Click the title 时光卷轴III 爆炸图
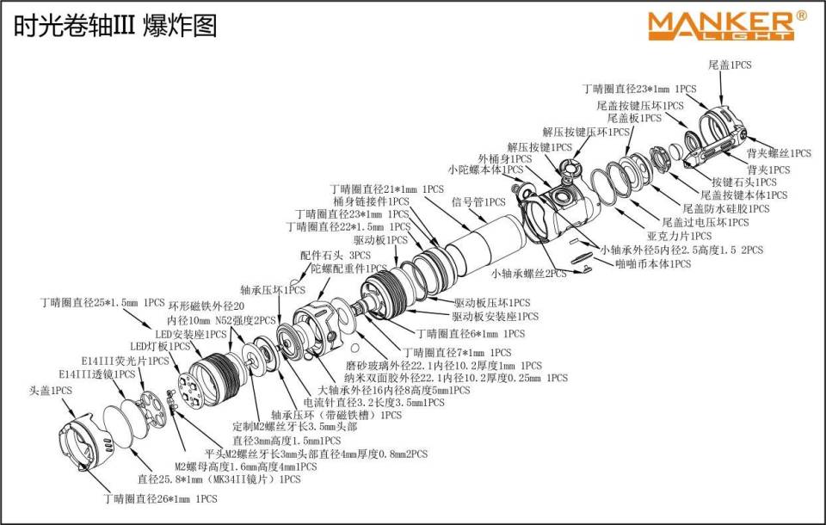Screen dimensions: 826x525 click(114, 25)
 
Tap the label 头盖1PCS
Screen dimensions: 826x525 click(51, 391)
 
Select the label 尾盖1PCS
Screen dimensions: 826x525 click(730, 65)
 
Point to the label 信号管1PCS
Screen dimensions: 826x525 click(478, 203)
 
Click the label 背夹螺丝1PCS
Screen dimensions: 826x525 click(779, 153)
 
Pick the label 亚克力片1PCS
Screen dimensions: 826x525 click(679, 235)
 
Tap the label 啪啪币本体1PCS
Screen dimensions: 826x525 click(654, 264)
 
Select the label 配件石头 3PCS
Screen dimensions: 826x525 click(336, 256)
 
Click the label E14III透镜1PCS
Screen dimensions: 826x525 click(97, 374)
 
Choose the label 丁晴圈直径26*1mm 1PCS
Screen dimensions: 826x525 click(161, 498)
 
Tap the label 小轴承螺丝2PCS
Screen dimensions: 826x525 click(528, 274)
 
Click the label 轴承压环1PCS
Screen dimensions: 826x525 click(273, 290)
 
